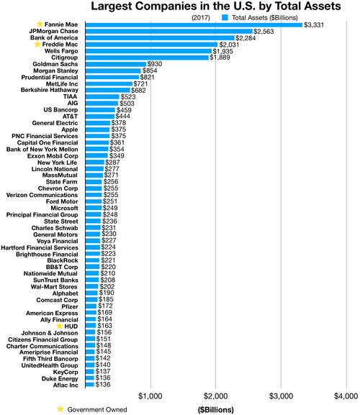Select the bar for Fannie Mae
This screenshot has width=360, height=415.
(x=194, y=25)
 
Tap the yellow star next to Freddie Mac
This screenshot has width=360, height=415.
(x=38, y=45)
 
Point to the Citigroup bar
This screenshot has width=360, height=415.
(x=147, y=58)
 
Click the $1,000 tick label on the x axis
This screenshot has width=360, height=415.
(x=150, y=396)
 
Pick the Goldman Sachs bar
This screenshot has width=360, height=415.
(x=115, y=64)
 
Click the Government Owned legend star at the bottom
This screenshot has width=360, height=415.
(x=60, y=409)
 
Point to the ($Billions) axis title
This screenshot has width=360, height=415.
(x=215, y=409)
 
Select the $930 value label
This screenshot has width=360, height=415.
(x=155, y=64)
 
